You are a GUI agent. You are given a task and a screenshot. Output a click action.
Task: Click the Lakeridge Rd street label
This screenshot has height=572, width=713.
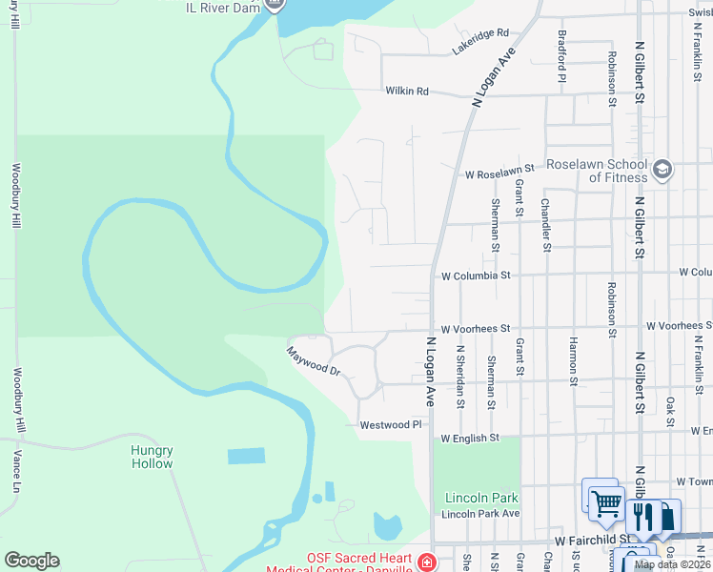481,40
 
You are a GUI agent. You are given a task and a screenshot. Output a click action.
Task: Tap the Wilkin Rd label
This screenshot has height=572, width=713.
407,92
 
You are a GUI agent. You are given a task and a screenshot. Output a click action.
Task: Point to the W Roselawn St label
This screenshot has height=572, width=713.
500,175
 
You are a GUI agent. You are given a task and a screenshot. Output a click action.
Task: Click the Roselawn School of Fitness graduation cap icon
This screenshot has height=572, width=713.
662,171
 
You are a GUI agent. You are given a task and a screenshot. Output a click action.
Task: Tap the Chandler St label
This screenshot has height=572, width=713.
545,225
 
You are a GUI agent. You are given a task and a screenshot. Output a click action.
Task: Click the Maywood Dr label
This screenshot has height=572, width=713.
315,361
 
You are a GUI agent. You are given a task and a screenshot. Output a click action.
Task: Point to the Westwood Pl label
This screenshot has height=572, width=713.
390,424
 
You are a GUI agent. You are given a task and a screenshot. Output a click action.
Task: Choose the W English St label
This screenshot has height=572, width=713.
470,439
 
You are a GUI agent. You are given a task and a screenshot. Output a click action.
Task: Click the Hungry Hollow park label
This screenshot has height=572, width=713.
152,457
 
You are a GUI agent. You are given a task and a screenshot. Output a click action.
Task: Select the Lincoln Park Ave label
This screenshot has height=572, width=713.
480,514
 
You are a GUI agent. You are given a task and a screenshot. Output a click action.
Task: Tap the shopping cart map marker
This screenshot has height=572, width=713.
605,500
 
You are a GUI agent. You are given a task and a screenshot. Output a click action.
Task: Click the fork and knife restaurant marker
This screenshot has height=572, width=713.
643,516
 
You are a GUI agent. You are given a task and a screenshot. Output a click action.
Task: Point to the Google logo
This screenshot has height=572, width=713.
31,561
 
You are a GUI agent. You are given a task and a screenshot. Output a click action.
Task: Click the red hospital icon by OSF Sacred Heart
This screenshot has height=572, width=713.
424,563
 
